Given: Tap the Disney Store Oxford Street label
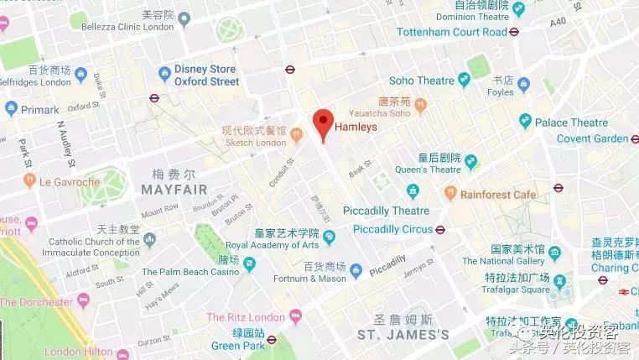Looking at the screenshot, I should [x=206, y=76].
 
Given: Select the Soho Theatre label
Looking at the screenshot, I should [x=419, y=80].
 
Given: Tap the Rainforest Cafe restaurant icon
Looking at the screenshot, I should [x=453, y=194].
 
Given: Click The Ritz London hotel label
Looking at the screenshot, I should [x=247, y=317].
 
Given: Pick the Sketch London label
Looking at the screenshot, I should [x=253, y=142].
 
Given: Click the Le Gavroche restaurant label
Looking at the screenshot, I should [x=70, y=180].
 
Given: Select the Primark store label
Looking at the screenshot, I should [x=39, y=109].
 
